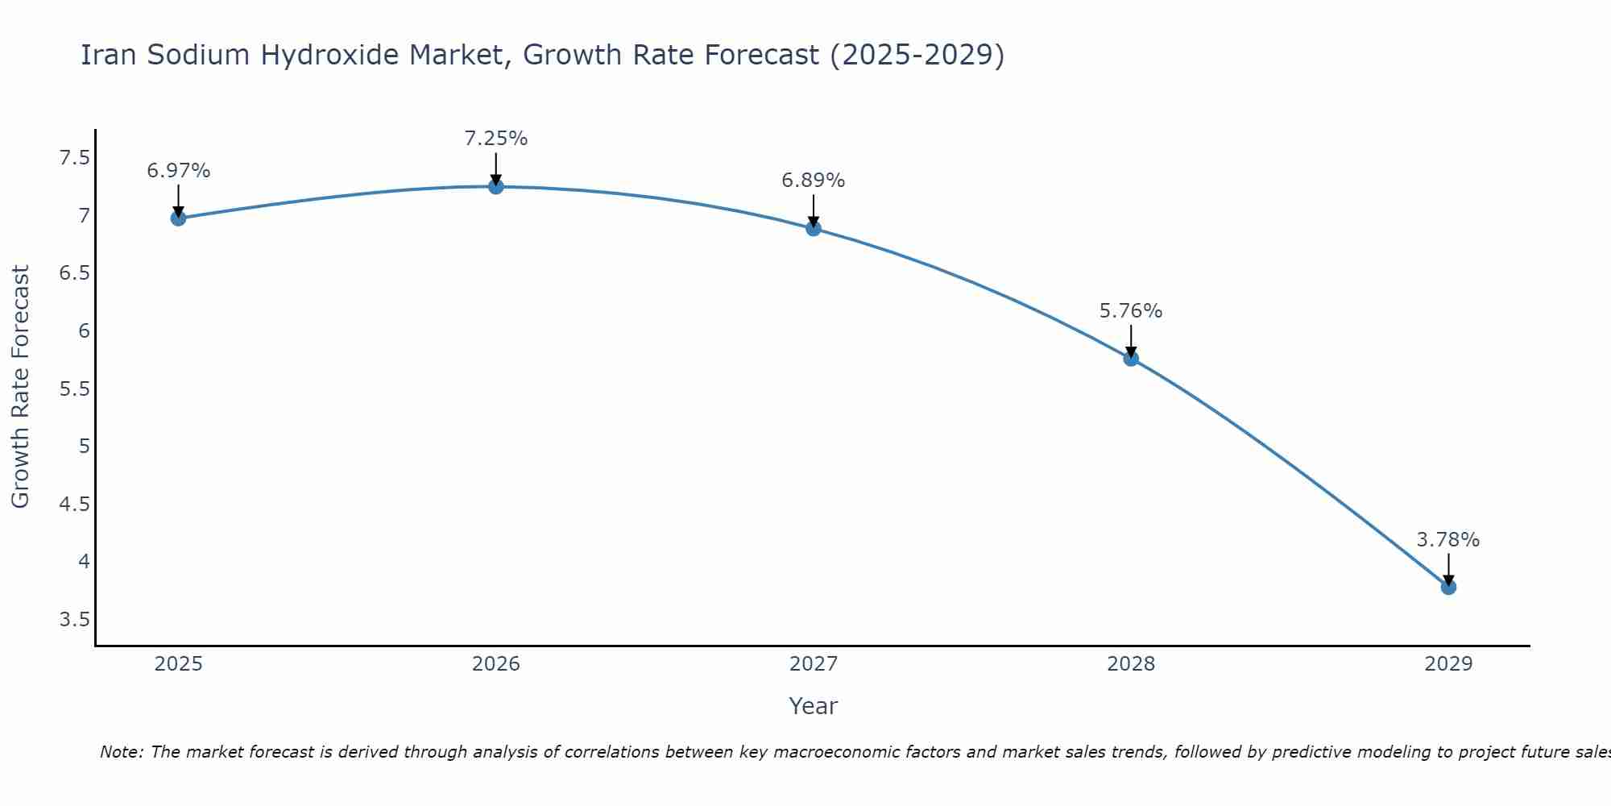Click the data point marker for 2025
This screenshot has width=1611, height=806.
tap(178, 218)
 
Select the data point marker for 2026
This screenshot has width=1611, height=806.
tap(496, 187)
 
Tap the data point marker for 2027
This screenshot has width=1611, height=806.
tap(814, 229)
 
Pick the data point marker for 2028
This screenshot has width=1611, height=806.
tap(1131, 359)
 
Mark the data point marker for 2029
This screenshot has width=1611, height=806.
tap(1448, 587)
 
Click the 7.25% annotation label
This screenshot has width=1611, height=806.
tap(496, 139)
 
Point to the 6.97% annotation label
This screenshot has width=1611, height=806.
tap(178, 171)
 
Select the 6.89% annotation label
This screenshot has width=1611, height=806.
tap(814, 181)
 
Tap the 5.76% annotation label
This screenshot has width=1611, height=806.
tap(1131, 311)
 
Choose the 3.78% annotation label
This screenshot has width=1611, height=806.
tap(1448, 540)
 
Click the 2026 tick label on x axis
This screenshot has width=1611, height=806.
tap(496, 664)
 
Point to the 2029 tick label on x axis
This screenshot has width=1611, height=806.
tap(1448, 664)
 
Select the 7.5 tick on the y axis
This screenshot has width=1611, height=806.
tap(74, 158)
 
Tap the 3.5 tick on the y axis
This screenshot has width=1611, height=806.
tap(74, 620)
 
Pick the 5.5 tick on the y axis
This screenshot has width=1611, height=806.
tap(74, 389)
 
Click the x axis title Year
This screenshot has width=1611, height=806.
tap(814, 706)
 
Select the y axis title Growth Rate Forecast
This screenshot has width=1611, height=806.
tap(20, 387)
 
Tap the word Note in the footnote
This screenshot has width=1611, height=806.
tap(121, 752)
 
